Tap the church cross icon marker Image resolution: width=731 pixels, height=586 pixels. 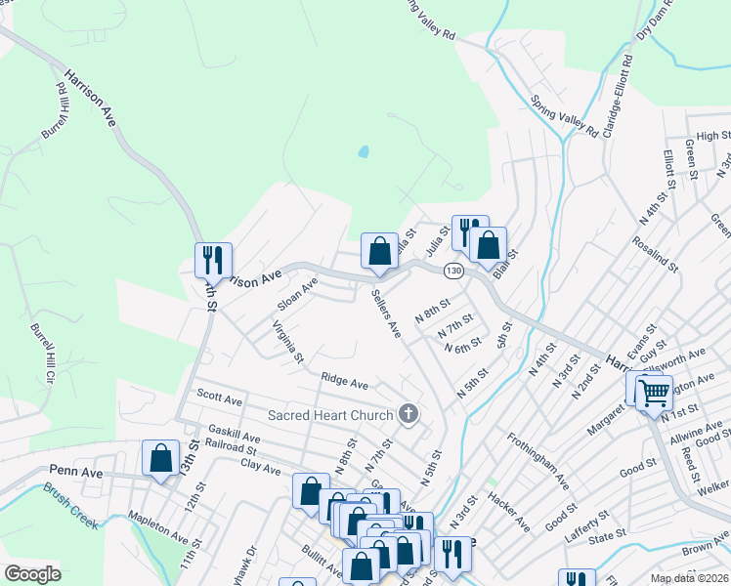tap(408, 415)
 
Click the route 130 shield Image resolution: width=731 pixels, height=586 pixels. tap(452, 269)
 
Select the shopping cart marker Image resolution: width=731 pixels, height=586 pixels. tap(654, 394)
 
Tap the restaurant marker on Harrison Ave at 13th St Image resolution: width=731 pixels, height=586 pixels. tap(213, 261)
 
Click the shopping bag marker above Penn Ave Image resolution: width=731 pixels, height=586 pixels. tap(160, 458)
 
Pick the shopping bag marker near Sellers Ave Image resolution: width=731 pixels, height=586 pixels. tap(379, 251)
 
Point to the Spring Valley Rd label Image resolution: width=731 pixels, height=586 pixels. tap(564, 112)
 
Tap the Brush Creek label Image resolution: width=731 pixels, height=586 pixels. tap(70, 509)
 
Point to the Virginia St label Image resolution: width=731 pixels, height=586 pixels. tap(288, 342)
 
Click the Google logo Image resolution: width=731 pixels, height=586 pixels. tap(32, 574)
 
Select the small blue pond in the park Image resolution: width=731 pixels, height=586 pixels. tap(364, 152)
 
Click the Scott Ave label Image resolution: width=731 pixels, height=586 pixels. tap(219, 399)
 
